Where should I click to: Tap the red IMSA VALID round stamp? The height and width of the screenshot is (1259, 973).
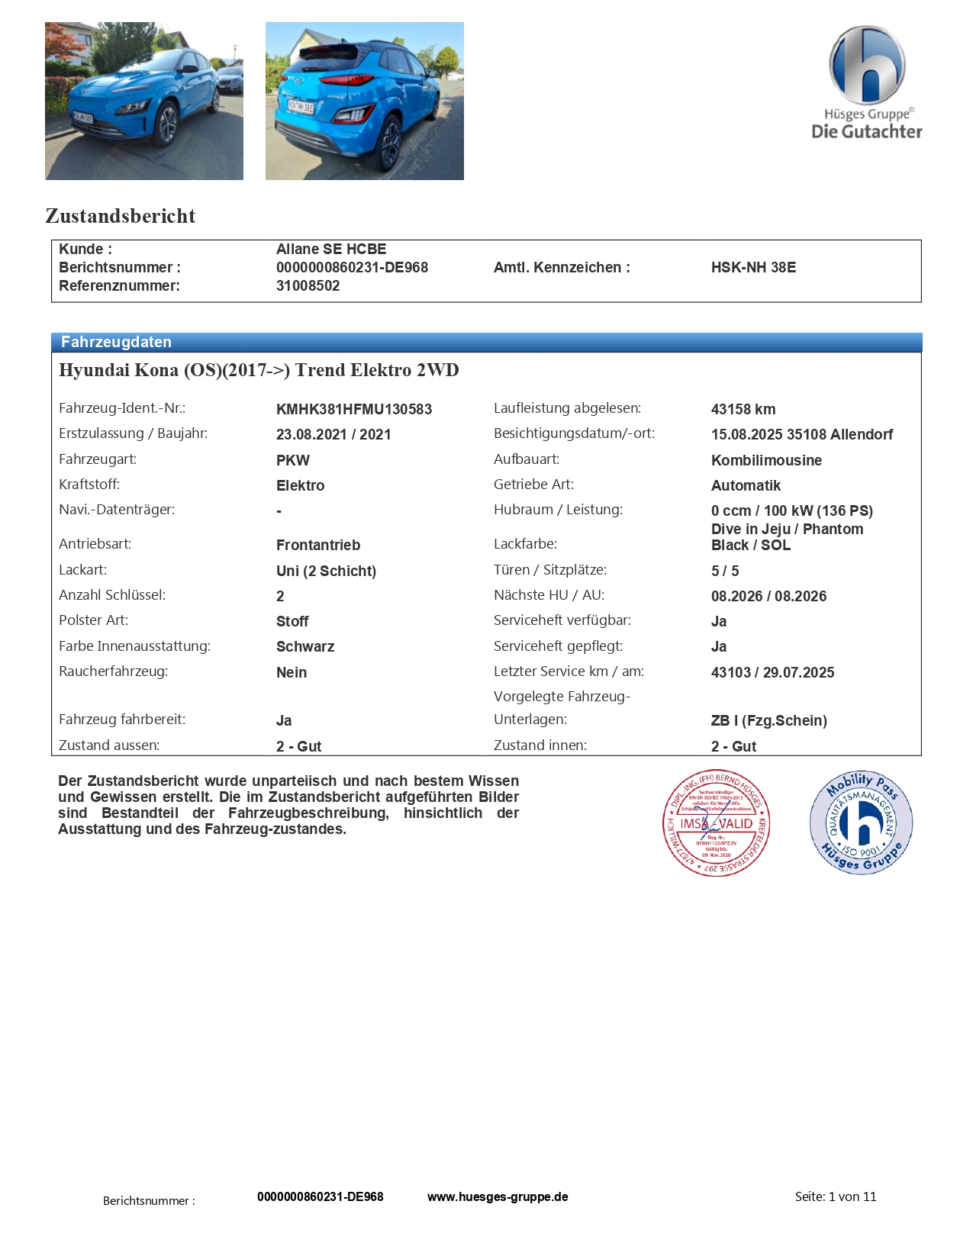(x=716, y=823)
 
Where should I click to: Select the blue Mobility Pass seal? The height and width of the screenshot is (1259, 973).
(x=861, y=822)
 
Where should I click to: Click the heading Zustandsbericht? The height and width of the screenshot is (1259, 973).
(x=121, y=216)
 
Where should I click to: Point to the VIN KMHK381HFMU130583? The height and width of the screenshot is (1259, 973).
(x=354, y=409)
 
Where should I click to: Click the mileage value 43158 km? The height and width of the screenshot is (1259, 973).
(x=743, y=409)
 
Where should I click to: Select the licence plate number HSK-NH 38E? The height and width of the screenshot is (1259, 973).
(x=753, y=267)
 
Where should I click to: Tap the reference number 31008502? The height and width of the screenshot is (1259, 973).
(x=308, y=285)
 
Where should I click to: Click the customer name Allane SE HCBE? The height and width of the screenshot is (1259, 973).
(x=331, y=249)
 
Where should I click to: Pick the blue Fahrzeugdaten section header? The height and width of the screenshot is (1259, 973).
(x=486, y=342)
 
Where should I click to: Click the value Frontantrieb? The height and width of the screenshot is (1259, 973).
(x=318, y=545)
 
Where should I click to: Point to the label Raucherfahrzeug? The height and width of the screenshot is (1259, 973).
(x=113, y=671)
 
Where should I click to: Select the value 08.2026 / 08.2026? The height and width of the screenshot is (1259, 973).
(x=768, y=596)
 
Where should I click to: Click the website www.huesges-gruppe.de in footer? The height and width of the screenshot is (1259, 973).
(x=498, y=1196)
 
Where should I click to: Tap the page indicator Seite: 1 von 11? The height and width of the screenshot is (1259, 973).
(x=836, y=1196)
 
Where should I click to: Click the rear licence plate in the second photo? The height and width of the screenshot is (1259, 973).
(x=301, y=107)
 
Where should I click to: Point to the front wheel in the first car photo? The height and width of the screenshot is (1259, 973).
(x=166, y=126)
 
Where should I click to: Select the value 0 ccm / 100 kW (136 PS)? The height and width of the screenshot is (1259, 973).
(x=791, y=510)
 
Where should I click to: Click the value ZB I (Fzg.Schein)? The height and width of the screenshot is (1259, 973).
(x=768, y=720)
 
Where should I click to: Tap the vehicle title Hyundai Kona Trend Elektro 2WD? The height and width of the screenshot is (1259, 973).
(x=259, y=370)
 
